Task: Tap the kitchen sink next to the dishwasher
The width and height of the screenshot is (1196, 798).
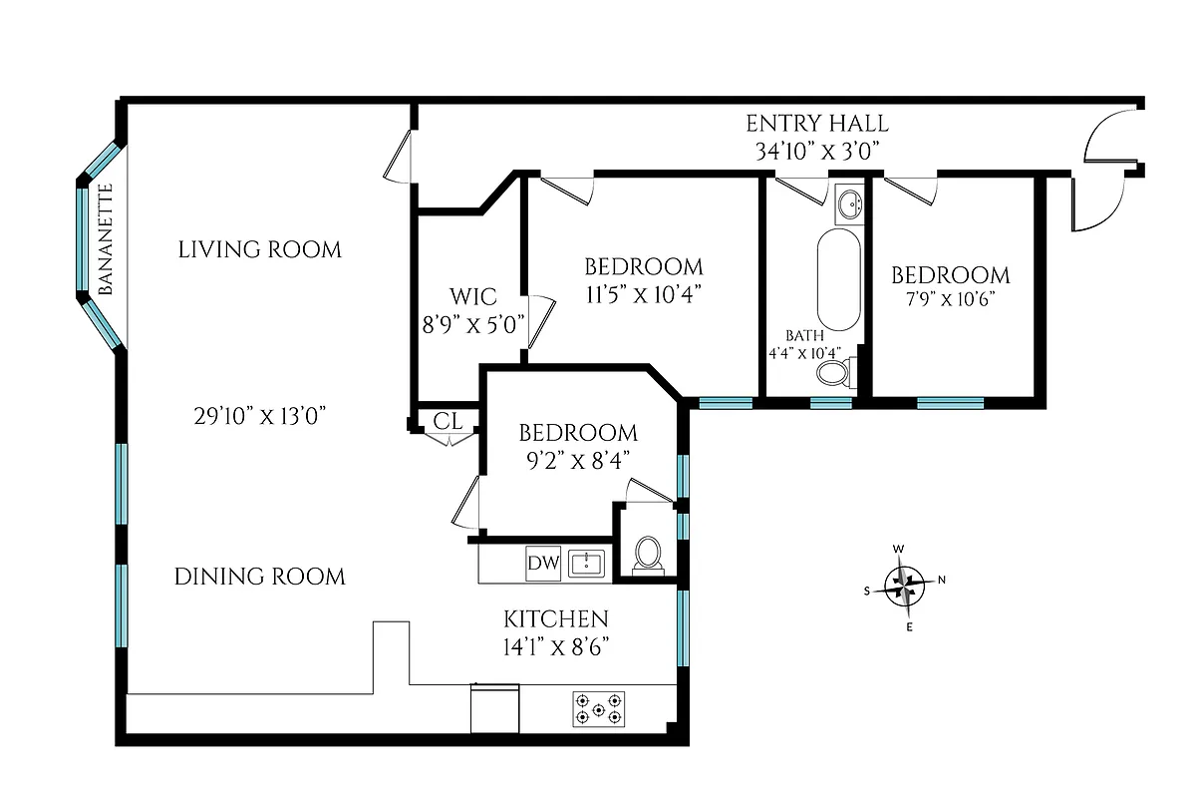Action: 587,564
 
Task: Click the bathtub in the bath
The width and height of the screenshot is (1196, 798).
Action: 839,279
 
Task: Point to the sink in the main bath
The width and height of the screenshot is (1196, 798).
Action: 849,205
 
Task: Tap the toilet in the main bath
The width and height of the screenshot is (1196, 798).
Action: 833,375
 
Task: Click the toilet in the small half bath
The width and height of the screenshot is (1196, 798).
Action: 648,554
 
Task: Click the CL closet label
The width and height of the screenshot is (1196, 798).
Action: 448,421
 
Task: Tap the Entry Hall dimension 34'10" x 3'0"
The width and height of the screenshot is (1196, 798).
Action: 817,152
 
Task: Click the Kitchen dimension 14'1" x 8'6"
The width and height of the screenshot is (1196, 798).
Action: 556,645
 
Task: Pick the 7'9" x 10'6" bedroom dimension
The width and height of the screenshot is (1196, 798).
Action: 950,299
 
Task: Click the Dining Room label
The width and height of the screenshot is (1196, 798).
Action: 259,576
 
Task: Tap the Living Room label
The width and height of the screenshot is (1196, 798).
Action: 259,248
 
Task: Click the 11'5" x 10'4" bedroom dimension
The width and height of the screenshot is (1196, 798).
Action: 643,293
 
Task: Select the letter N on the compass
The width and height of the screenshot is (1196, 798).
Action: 942,581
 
